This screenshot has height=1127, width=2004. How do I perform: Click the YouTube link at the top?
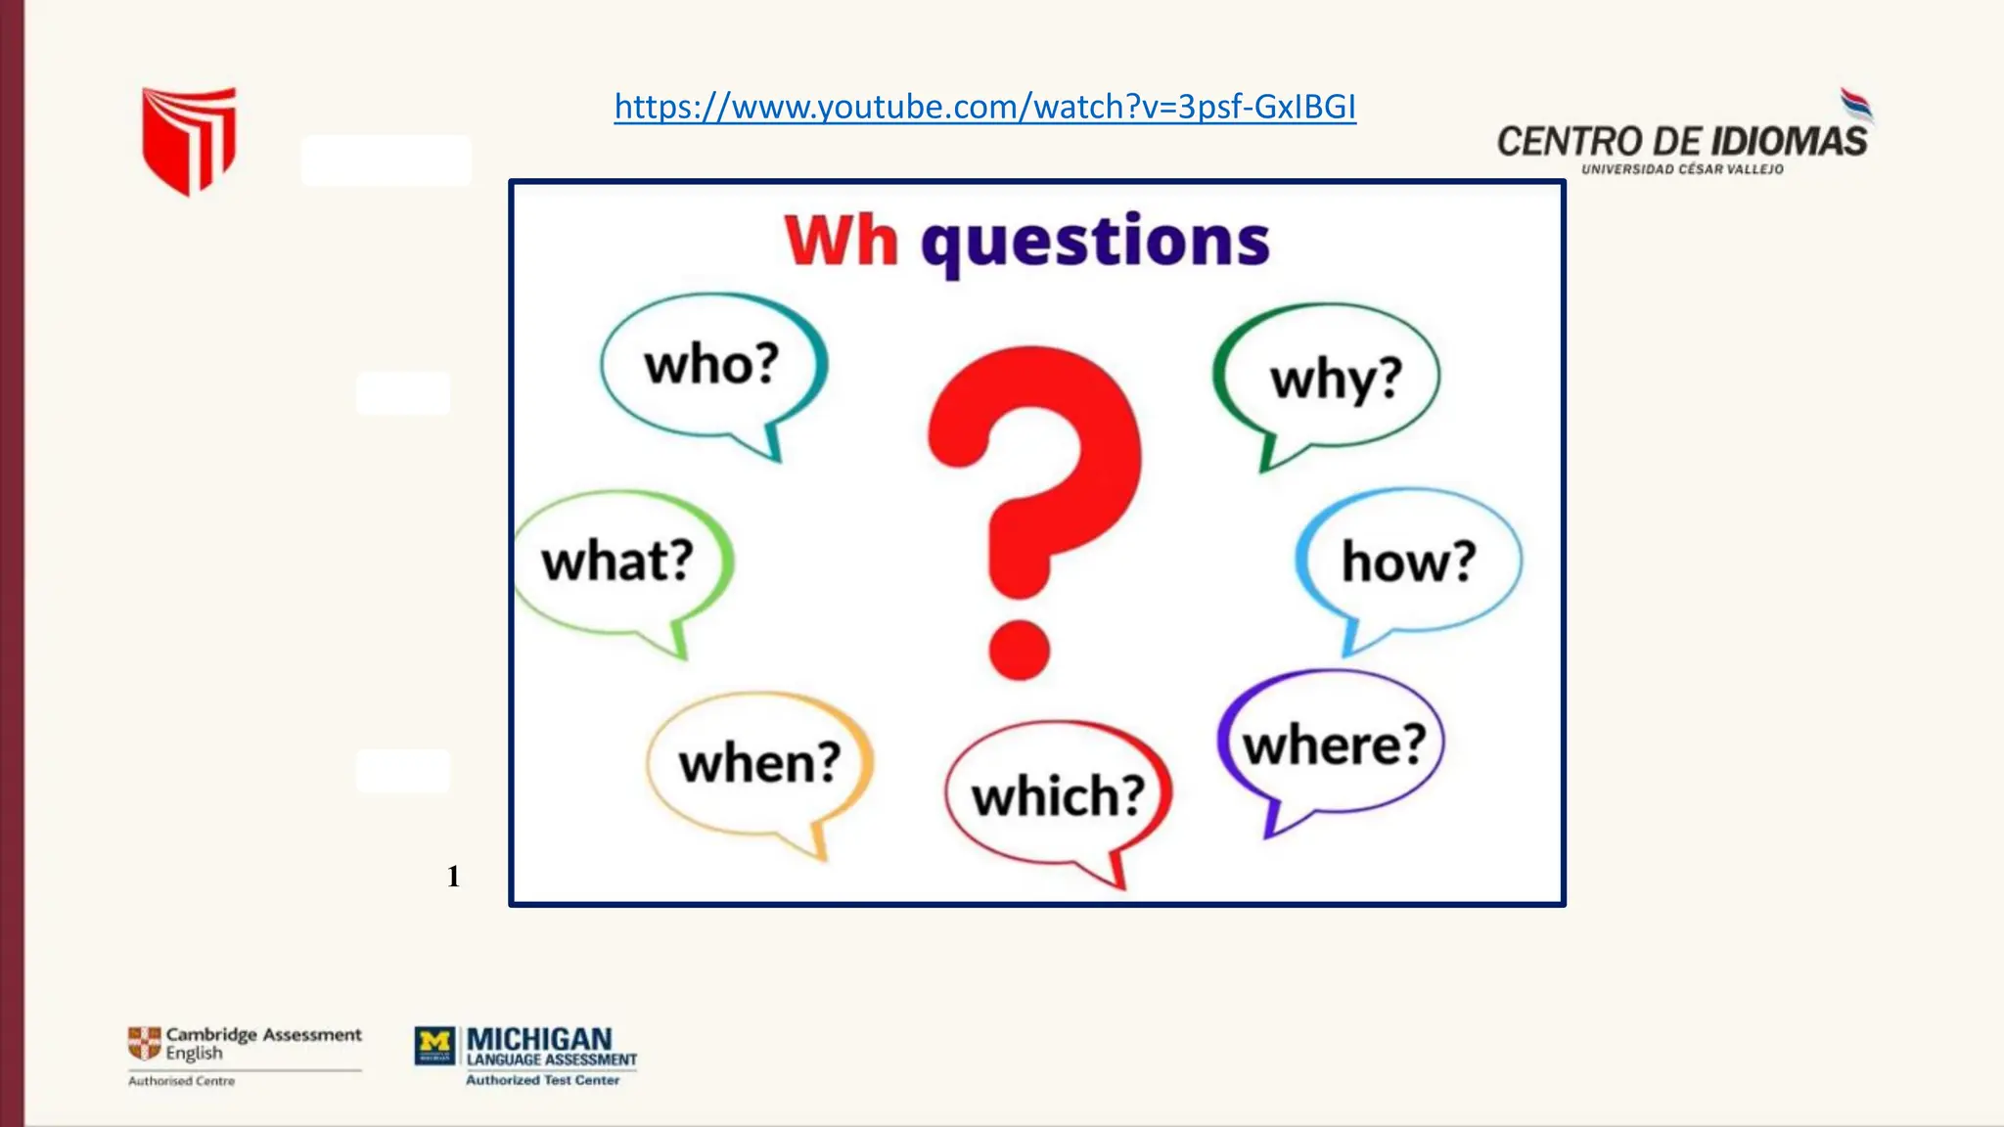point(984,107)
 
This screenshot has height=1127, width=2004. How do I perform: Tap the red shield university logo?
point(189,139)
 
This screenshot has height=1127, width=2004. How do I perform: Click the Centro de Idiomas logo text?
point(1681,142)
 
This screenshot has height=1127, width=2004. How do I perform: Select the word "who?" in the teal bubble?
point(711,365)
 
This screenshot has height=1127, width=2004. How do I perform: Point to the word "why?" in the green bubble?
point(1336,380)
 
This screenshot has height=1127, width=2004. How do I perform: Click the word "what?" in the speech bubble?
point(617,562)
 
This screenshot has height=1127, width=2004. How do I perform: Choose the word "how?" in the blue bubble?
point(1408,562)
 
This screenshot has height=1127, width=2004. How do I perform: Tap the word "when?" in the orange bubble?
point(760,763)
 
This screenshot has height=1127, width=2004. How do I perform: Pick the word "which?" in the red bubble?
point(1058,795)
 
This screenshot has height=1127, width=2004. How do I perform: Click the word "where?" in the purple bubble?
point(1334,745)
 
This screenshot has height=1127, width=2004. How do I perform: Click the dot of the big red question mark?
point(1019,650)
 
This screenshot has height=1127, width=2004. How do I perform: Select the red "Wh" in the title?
point(842,241)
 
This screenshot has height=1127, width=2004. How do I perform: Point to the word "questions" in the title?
point(1095,243)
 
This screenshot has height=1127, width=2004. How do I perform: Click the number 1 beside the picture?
point(453,877)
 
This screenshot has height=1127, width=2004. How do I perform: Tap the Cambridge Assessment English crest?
point(145,1043)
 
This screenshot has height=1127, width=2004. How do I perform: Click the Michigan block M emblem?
point(434,1045)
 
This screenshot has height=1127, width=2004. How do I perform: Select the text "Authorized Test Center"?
point(542,1080)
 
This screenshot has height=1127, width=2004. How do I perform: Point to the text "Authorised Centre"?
point(181,1081)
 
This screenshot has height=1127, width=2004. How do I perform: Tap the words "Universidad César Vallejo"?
point(1682,169)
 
